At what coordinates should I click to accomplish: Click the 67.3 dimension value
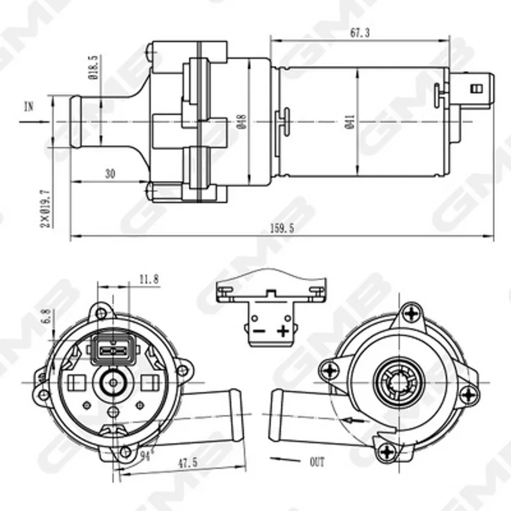click(x=360, y=33)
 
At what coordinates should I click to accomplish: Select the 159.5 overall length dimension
click(x=282, y=228)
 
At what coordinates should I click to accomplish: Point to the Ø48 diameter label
click(x=242, y=121)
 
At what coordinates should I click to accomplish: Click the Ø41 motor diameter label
click(x=349, y=121)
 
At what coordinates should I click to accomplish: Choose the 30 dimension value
click(x=110, y=174)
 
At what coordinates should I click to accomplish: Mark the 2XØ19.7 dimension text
click(x=46, y=209)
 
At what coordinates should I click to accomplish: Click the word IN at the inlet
click(x=29, y=107)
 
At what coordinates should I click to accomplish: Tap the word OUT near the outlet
click(x=317, y=462)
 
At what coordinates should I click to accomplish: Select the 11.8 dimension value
click(x=149, y=279)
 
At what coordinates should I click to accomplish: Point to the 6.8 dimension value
click(x=47, y=316)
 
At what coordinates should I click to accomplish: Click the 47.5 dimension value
click(x=188, y=462)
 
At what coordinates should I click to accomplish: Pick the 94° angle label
click(x=147, y=455)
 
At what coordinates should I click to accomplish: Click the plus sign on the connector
click(x=283, y=331)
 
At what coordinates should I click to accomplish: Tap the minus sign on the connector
click(x=259, y=332)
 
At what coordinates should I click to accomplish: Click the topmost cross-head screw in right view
click(x=412, y=314)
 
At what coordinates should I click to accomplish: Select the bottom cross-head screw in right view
click(x=388, y=452)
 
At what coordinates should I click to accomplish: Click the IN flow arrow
click(x=34, y=122)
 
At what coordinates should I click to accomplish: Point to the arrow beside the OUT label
click(x=285, y=460)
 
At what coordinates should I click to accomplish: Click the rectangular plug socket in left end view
click(x=113, y=351)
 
